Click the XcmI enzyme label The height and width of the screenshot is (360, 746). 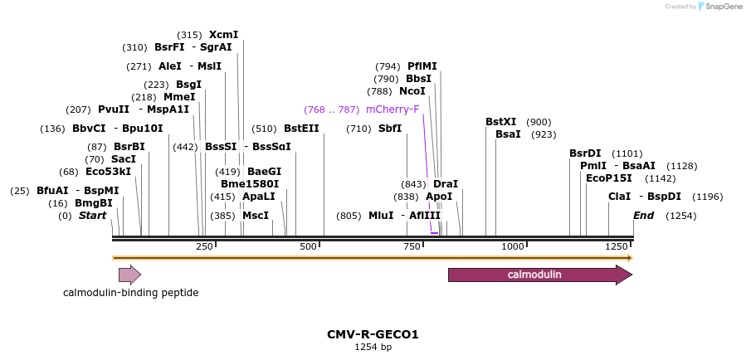pos(223,35)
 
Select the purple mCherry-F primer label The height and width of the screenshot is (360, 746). pos(393,109)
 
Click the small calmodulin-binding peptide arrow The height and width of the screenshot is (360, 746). pos(129,275)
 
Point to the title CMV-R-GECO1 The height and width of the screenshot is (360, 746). pos(373,335)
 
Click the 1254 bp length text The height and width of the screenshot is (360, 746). pos(373,348)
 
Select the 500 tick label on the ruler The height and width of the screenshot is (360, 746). pos(308,246)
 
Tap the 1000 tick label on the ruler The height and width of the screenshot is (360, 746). pos(513,246)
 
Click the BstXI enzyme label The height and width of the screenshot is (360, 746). pos(500,122)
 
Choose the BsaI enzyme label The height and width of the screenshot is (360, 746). pos(508,134)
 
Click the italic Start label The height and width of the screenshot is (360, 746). pos(93,216)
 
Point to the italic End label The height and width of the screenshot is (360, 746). pos(643,216)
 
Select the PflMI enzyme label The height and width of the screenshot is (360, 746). pos(422,66)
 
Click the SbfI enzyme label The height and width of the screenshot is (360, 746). pos(389,129)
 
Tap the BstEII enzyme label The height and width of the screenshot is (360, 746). pos(301,129)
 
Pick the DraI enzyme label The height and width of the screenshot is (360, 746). pos(446,184)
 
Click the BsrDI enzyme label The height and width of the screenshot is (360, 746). pos(585,153)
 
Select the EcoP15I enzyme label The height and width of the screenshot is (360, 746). pos(608,178)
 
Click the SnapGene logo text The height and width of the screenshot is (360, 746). pos(724,7)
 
